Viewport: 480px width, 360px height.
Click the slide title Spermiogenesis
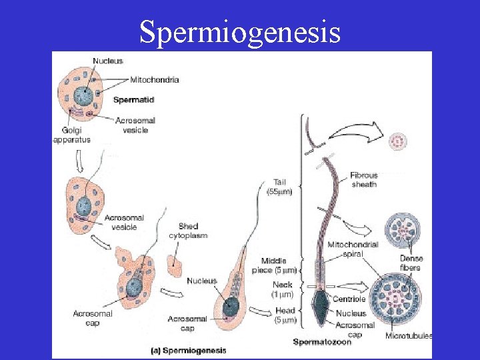240,31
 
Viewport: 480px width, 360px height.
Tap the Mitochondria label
154,80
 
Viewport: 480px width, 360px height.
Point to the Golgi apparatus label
71,135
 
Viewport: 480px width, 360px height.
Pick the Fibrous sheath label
363,180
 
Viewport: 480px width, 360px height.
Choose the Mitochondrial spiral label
353,249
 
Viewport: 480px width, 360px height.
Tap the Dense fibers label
411,263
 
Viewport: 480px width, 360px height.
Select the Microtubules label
409,335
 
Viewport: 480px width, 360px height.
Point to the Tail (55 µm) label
279,187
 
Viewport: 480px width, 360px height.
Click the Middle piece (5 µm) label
275,265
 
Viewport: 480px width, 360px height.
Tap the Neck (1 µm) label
282,289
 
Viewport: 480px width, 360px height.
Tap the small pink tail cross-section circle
400,141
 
